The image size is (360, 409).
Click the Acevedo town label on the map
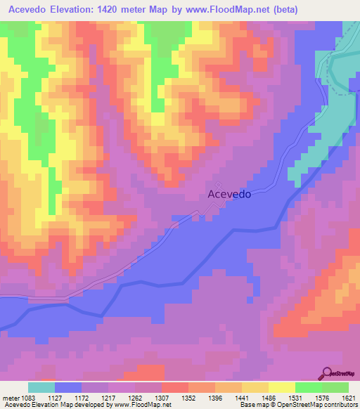point(229,194)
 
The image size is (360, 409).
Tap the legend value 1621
point(347,397)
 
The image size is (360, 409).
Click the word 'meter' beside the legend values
point(11,397)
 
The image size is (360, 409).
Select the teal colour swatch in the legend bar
point(41,387)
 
